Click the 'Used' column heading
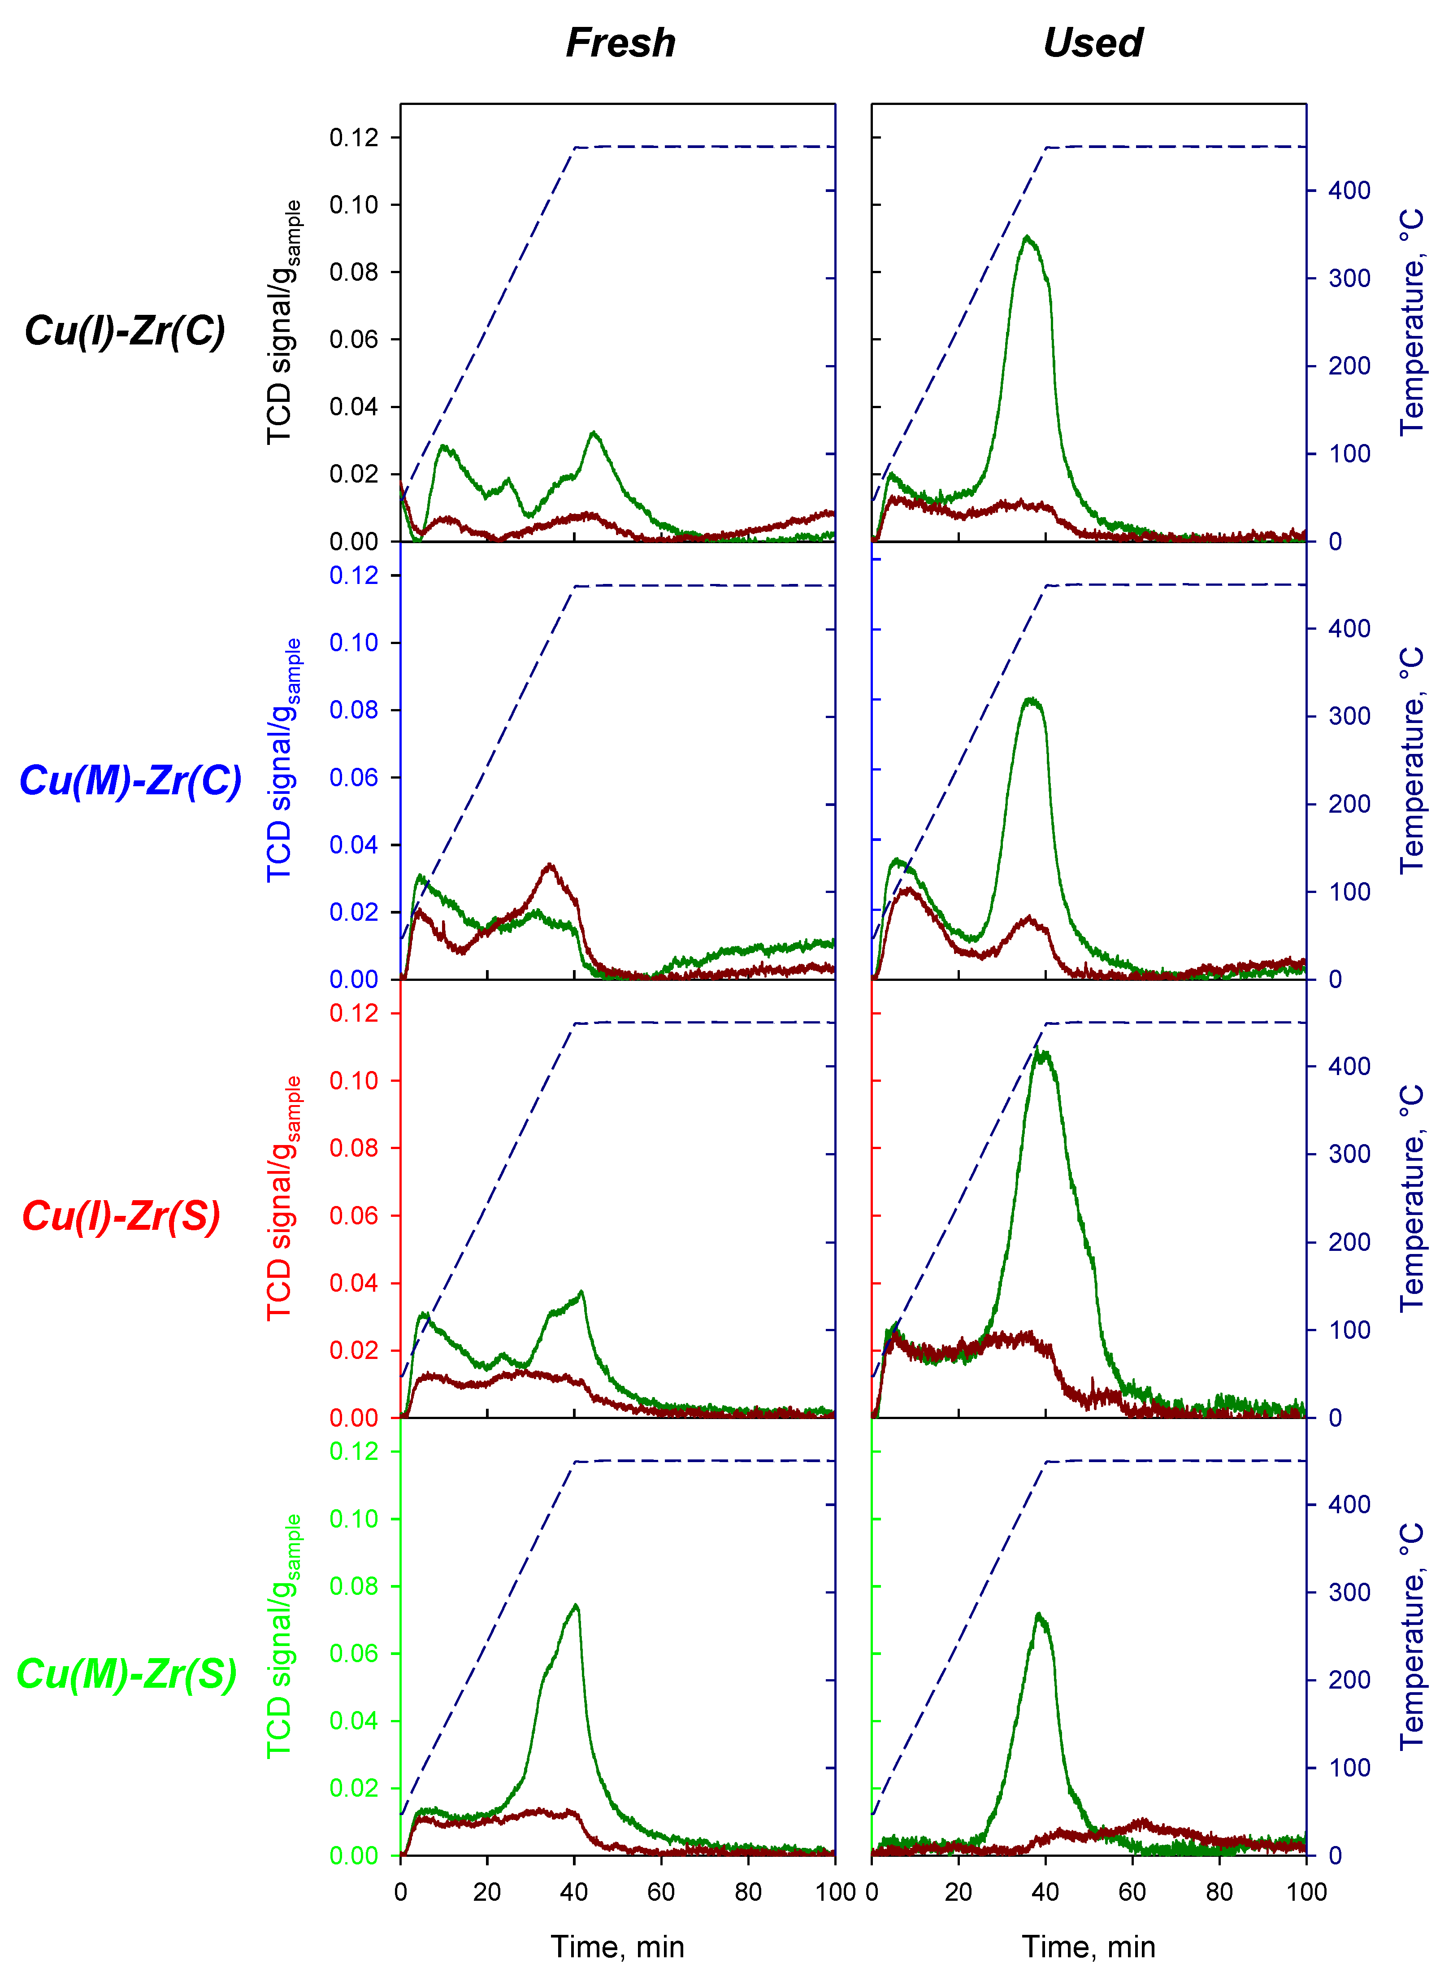pos(1093,42)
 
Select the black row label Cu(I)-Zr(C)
pos(125,331)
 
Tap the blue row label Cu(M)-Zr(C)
pos(130,780)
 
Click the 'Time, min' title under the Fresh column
pos(617,1946)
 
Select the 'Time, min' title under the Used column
pos(1089,1946)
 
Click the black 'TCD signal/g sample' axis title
pos(282,322)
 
